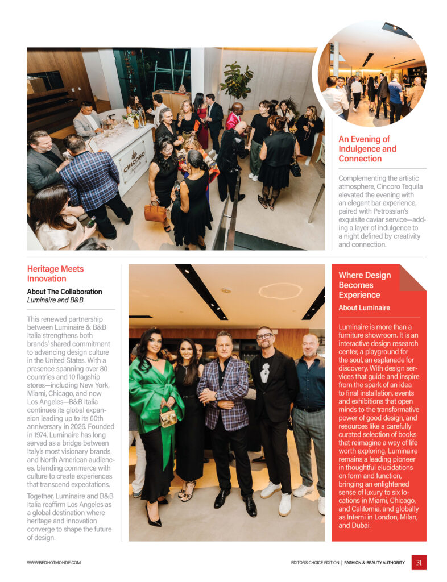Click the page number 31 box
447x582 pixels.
(x=419, y=562)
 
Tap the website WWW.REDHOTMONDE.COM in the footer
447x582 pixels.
(x=54, y=562)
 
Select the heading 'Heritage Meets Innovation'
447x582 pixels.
(x=55, y=273)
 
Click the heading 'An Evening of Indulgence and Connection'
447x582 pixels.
(x=367, y=148)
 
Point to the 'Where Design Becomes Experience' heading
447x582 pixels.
(x=365, y=285)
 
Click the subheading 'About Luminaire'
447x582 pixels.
(x=364, y=308)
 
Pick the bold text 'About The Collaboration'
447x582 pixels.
(x=64, y=292)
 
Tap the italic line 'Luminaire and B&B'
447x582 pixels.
(x=55, y=300)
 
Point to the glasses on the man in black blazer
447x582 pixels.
(x=264, y=336)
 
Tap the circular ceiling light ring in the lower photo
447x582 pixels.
(x=280, y=290)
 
